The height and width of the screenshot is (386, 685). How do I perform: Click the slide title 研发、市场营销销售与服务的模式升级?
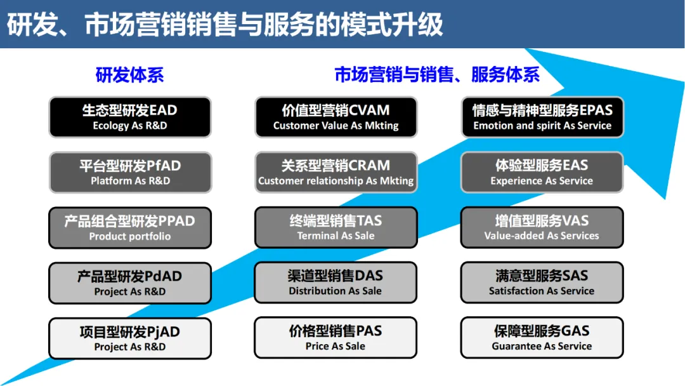(225, 25)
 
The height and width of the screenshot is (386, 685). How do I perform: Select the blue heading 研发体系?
(129, 75)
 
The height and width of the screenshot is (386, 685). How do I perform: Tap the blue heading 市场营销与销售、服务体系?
(437, 75)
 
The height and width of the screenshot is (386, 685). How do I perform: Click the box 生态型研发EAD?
(129, 117)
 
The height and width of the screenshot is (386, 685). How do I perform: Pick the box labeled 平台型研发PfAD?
(129, 172)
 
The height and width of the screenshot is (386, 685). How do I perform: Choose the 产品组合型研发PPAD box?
(129, 227)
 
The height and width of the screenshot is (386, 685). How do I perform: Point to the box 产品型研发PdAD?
(129, 283)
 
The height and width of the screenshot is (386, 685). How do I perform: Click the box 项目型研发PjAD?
(129, 338)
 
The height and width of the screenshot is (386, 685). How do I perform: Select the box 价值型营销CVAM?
(336, 117)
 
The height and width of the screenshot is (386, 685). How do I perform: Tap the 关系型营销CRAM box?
(336, 172)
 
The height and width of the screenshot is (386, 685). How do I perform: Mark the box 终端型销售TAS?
(336, 227)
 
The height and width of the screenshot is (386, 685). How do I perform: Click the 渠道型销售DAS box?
(336, 283)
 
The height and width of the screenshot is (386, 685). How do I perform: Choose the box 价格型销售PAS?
(336, 338)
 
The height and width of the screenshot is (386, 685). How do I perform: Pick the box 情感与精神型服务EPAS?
(542, 117)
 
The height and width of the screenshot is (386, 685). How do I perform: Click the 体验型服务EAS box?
(542, 172)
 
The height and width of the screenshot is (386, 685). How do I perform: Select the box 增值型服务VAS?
(542, 227)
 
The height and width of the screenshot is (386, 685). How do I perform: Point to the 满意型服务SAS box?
(542, 283)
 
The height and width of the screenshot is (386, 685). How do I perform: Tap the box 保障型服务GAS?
(542, 338)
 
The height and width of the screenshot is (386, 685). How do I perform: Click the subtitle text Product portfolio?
(129, 236)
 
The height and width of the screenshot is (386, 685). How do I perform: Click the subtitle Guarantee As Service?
(542, 347)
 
